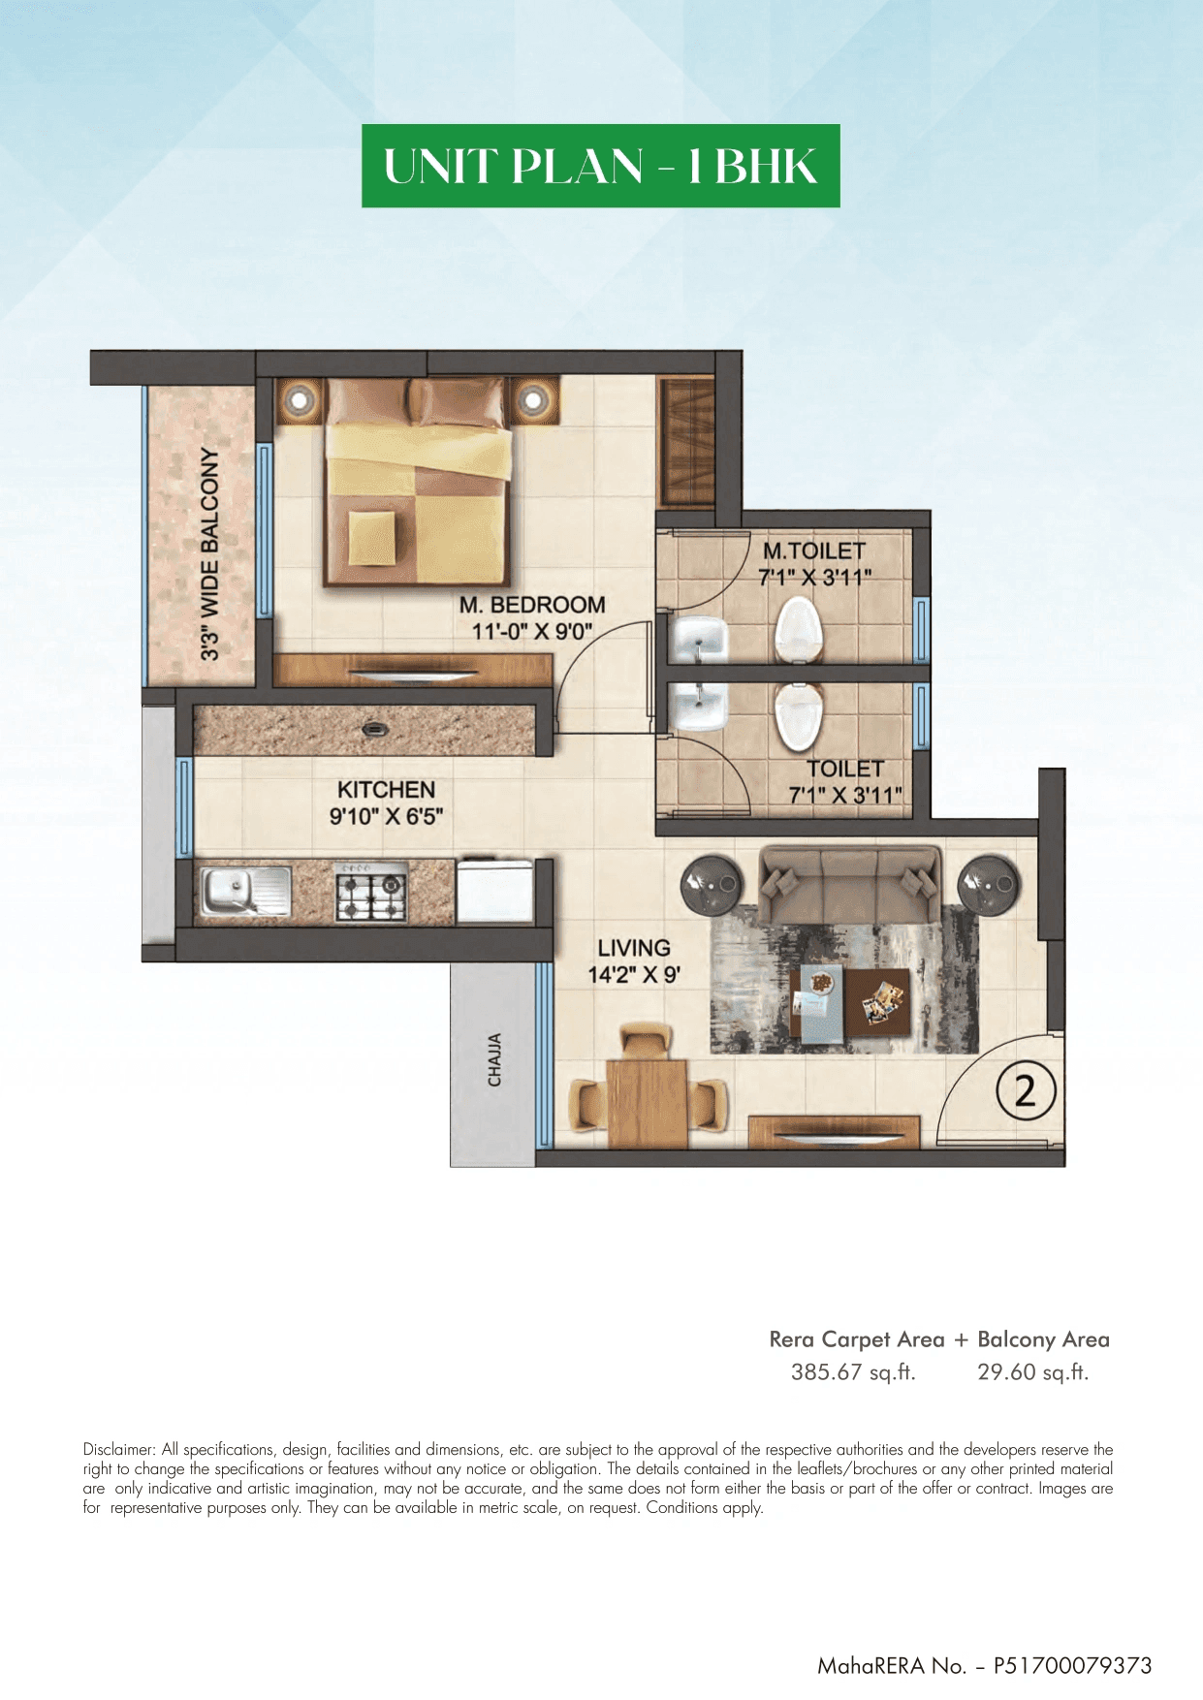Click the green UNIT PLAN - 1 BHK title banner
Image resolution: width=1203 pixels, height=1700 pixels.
600,166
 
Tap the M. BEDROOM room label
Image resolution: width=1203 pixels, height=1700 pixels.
532,605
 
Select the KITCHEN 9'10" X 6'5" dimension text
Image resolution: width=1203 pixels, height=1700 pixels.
386,816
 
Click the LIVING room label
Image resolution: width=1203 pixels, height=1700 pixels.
634,948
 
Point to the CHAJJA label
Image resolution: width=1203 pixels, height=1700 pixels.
494,1059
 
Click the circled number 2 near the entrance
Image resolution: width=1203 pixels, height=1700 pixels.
1025,1091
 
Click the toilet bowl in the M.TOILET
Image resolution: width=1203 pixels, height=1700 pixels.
799,628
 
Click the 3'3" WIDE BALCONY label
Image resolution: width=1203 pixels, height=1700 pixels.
209,554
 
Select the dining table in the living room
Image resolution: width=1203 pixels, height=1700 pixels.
647,1101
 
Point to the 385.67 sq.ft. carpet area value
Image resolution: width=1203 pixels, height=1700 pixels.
853,1372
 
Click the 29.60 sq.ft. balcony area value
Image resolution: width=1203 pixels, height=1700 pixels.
1032,1372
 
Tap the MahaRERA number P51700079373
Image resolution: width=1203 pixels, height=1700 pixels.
1072,1665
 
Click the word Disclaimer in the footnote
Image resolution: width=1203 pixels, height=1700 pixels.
118,1450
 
